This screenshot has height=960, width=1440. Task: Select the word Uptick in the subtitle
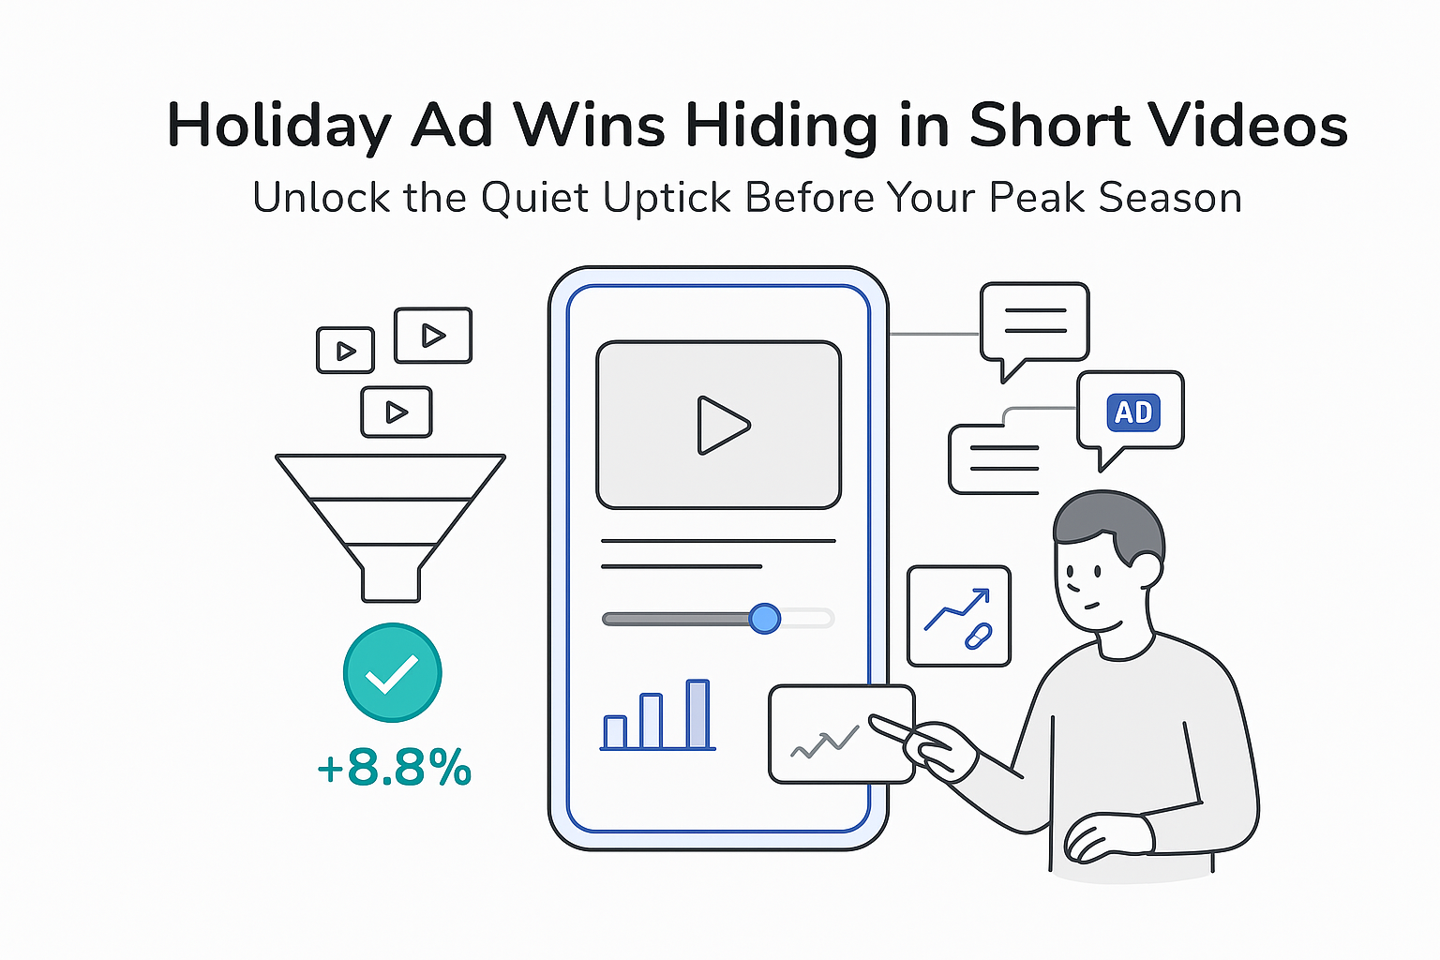click(667, 198)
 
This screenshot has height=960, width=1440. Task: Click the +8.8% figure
click(395, 768)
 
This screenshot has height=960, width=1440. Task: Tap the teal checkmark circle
click(392, 672)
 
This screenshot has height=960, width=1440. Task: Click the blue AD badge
click(1133, 412)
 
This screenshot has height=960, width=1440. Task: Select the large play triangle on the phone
click(721, 425)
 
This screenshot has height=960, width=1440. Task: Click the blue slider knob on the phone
click(765, 618)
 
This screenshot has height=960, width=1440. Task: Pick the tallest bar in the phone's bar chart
click(697, 714)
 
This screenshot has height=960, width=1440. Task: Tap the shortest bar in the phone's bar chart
click(615, 732)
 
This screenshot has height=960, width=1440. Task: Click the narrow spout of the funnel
click(391, 583)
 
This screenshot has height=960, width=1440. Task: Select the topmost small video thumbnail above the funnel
click(432, 335)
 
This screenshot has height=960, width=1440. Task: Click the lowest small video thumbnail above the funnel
click(397, 412)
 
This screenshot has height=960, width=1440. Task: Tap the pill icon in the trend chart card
click(978, 637)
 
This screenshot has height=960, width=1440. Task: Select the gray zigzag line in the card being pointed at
click(825, 743)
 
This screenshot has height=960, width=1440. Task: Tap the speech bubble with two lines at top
click(1034, 322)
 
